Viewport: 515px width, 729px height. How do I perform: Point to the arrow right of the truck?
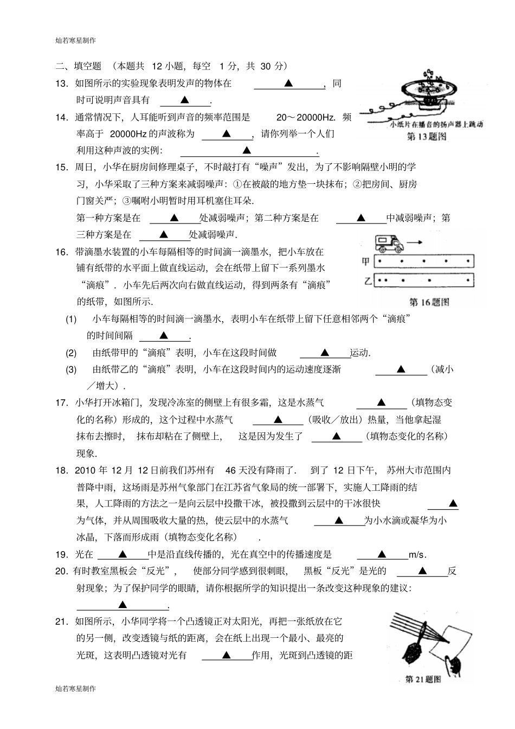pyautogui.click(x=416, y=242)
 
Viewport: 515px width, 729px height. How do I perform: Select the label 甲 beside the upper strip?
pyautogui.click(x=366, y=261)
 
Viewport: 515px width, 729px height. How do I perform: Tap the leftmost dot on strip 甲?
pyautogui.click(x=379, y=261)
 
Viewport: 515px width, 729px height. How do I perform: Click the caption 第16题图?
pyautogui.click(x=429, y=302)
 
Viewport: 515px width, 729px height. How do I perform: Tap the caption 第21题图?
pyautogui.click(x=422, y=679)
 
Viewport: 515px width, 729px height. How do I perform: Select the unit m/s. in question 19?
pyautogui.click(x=417, y=554)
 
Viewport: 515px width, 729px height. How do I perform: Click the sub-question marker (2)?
pyautogui.click(x=72, y=353)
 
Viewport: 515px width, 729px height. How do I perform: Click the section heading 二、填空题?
pyautogui.click(x=79, y=66)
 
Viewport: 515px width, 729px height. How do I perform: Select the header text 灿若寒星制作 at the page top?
pyautogui.click(x=75, y=40)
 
